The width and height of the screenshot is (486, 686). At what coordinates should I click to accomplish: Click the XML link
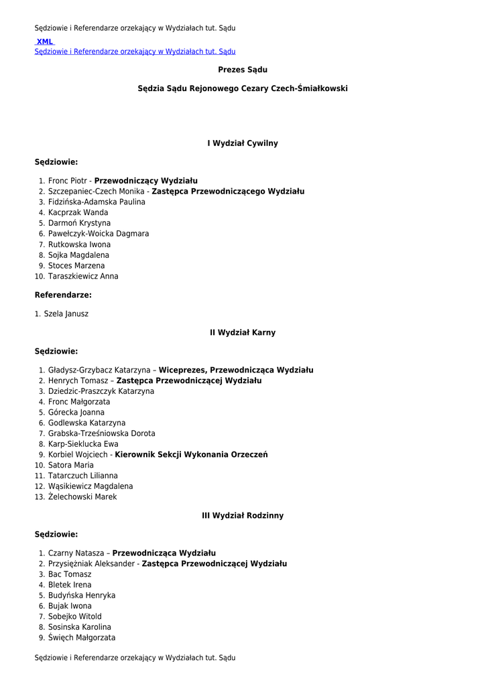tap(45, 42)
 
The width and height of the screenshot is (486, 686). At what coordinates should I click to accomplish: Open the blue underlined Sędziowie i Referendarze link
tap(135, 52)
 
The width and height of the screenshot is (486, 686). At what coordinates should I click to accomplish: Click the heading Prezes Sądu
tap(243, 70)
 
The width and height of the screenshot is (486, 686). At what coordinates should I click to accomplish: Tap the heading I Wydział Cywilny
tap(243, 143)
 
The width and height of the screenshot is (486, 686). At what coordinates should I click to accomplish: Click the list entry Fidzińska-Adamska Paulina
tap(97, 202)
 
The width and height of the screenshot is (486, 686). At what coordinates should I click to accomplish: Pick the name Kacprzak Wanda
tap(78, 212)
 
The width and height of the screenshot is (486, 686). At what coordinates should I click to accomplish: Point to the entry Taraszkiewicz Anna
tap(83, 276)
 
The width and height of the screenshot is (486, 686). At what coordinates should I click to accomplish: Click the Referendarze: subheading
tap(63, 295)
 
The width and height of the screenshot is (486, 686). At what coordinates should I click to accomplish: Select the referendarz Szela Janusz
tap(66, 314)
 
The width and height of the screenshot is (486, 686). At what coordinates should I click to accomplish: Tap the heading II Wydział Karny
tap(243, 332)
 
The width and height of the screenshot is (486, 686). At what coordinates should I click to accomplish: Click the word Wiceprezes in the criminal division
tap(183, 370)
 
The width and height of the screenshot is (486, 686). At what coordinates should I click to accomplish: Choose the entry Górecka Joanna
tap(76, 413)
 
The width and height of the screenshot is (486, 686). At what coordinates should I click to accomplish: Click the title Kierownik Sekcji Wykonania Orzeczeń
tap(191, 455)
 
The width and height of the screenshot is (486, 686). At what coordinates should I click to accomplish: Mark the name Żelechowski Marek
tap(82, 497)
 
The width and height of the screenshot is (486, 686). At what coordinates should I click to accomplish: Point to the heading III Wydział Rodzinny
tap(243, 516)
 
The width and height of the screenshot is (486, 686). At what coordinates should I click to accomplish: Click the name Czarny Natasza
tap(76, 553)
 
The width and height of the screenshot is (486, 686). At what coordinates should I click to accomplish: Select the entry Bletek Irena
tap(70, 585)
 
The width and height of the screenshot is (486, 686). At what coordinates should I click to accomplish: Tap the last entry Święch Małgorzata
tap(82, 638)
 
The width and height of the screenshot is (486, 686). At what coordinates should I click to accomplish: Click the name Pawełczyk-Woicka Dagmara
tap(99, 234)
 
